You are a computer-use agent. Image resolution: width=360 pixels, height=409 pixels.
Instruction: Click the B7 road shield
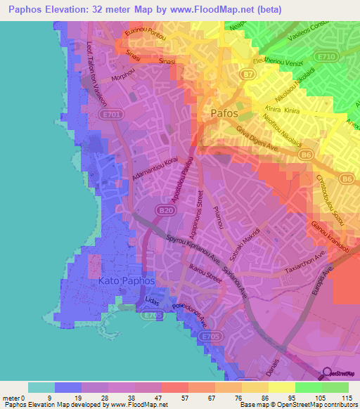[x=247, y=73]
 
